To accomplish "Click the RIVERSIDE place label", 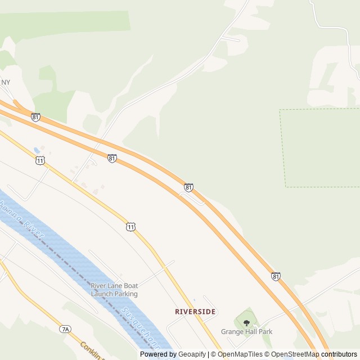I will click(195, 311).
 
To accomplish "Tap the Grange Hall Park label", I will click(246, 332).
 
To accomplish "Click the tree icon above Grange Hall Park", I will click(246, 322).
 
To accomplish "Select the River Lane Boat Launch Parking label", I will click(114, 290).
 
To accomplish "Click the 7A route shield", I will click(65, 328).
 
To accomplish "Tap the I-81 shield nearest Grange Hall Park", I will click(276, 276).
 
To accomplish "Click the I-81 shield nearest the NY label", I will click(36, 117).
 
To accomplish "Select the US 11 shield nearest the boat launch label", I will click(130, 227).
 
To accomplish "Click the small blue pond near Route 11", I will click(37, 150).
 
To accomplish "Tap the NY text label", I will click(6, 83).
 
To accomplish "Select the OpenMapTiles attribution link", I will click(240, 354).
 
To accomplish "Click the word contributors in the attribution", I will click(339, 354).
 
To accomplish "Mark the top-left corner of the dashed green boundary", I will click(280, 110).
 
